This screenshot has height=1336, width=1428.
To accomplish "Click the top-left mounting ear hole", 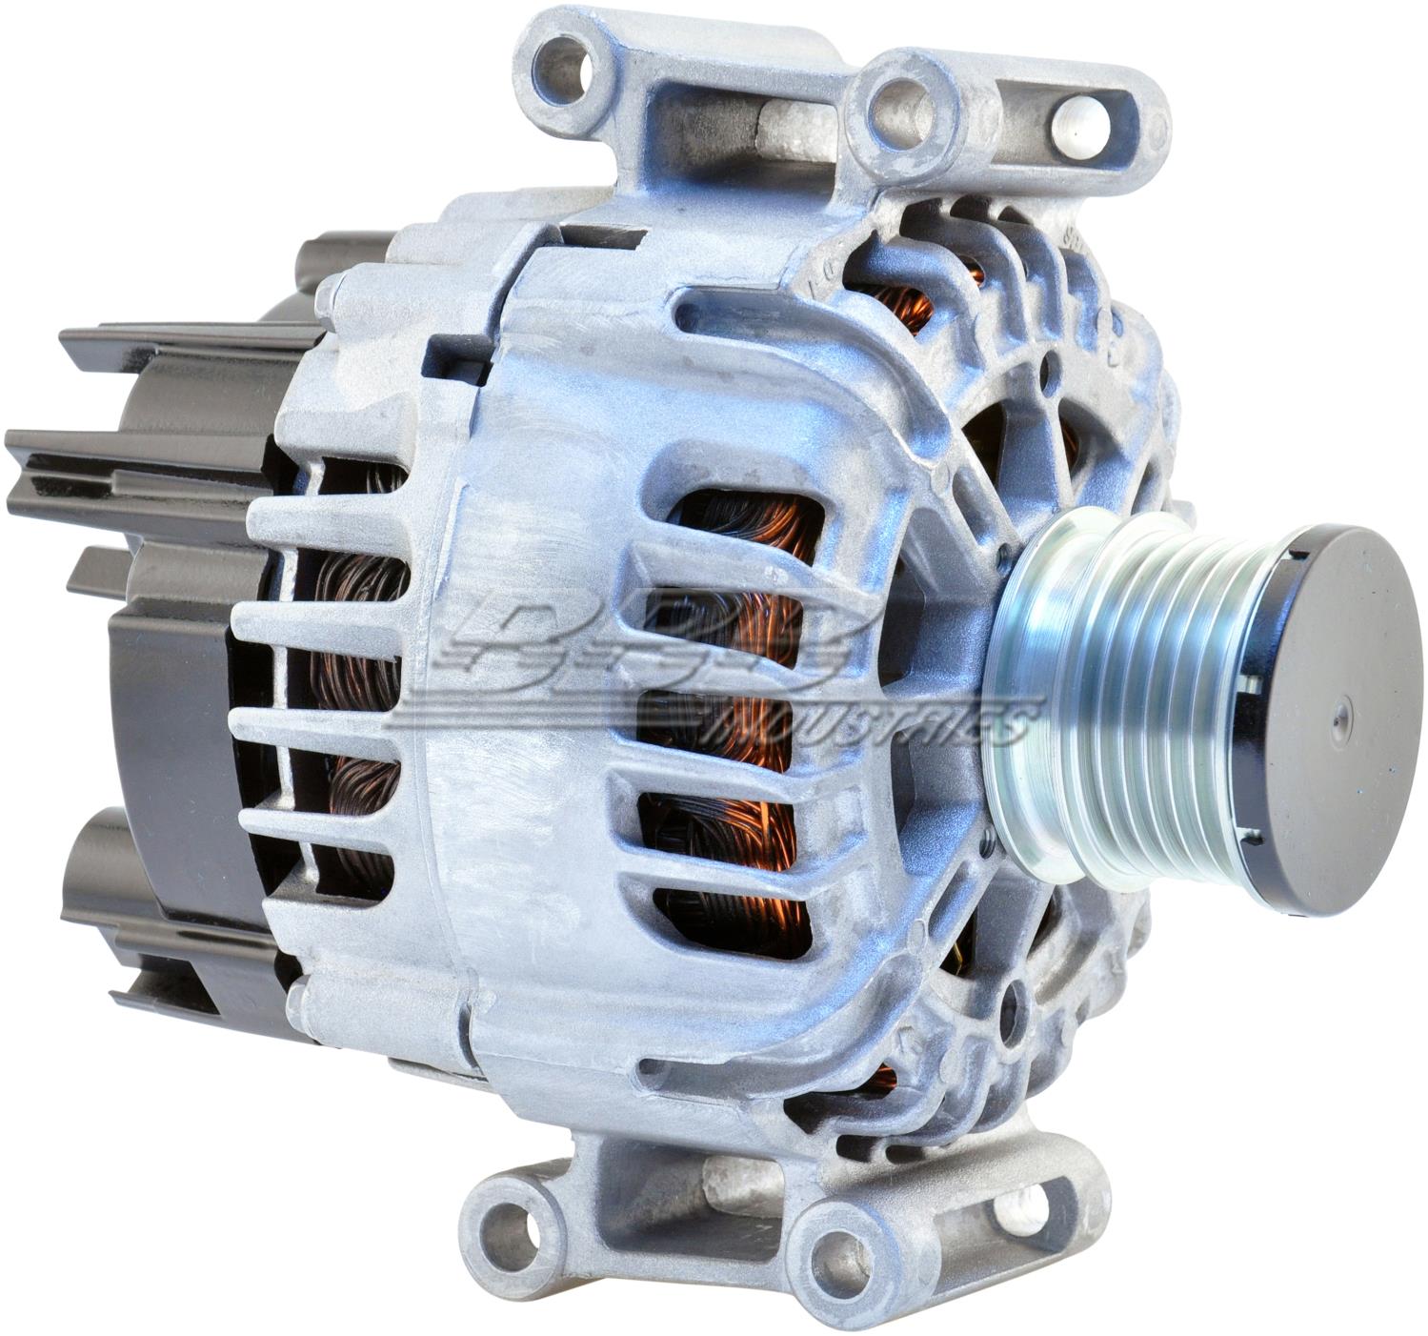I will pyautogui.click(x=576, y=59).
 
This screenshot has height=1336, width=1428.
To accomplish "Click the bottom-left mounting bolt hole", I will pyautogui.click(x=519, y=1223).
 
